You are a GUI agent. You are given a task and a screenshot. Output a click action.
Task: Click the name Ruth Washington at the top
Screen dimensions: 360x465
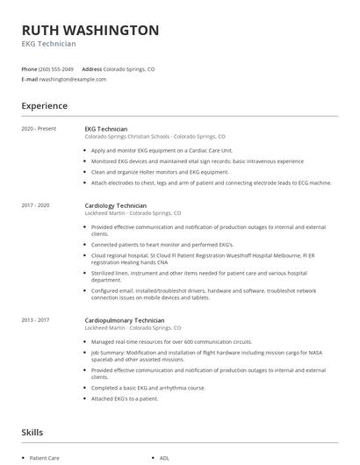tap(90, 30)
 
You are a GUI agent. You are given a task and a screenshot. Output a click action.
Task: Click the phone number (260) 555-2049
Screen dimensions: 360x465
tap(57, 68)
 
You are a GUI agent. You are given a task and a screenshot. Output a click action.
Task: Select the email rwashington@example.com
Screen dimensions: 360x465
tap(73, 79)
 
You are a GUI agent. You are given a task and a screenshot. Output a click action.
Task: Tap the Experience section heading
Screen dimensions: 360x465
tap(44, 106)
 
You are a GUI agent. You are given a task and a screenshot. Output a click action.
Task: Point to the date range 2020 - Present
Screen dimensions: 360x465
tap(39, 129)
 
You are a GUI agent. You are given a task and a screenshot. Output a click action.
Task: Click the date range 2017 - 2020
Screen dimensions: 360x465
tap(37, 204)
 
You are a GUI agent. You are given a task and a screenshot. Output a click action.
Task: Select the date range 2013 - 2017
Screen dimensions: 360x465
tap(37, 320)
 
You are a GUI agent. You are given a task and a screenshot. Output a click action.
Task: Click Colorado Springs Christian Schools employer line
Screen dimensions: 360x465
tap(155, 137)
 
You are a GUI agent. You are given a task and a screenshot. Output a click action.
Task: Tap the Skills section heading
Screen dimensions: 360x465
tap(32, 433)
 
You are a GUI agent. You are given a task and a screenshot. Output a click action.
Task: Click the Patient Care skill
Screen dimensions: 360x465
tap(44, 458)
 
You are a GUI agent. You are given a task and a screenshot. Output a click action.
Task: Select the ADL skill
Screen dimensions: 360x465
tap(164, 458)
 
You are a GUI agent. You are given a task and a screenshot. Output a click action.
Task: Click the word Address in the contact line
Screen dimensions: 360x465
tap(92, 68)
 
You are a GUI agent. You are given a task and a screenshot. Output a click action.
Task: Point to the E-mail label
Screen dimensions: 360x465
tap(29, 79)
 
